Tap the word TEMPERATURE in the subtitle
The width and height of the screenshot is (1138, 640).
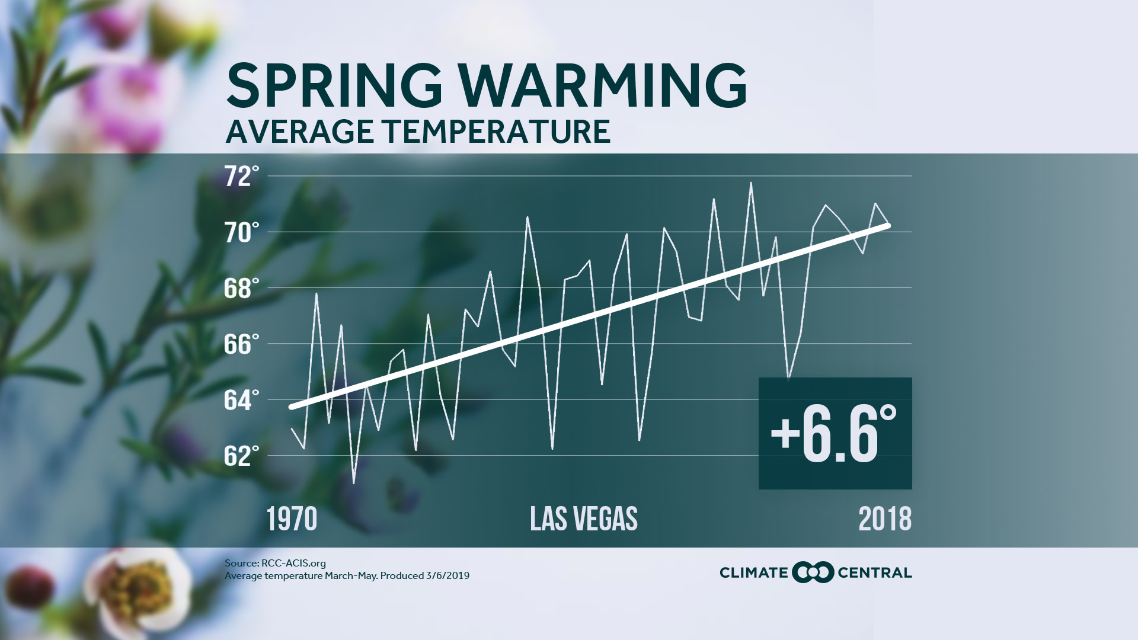(x=497, y=132)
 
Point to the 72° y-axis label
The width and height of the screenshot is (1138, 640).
(x=242, y=177)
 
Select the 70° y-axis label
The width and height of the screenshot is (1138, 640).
(x=242, y=233)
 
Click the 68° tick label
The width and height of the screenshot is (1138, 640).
(x=242, y=289)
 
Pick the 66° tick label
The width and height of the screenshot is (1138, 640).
(x=242, y=344)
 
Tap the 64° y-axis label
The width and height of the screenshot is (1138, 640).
(x=242, y=400)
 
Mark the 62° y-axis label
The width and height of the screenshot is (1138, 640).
(x=242, y=456)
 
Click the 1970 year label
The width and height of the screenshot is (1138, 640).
(x=292, y=519)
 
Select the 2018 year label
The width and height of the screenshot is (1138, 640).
(x=884, y=519)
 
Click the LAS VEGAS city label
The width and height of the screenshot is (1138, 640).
(x=583, y=519)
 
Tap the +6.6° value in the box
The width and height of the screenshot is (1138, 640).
(x=834, y=434)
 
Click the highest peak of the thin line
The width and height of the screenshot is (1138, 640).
(x=751, y=183)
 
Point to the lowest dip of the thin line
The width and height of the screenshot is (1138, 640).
(x=354, y=484)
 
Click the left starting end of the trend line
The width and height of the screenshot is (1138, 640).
(x=291, y=407)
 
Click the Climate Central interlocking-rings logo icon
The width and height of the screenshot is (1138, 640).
(x=812, y=572)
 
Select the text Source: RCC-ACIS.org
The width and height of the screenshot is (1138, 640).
(x=275, y=564)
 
